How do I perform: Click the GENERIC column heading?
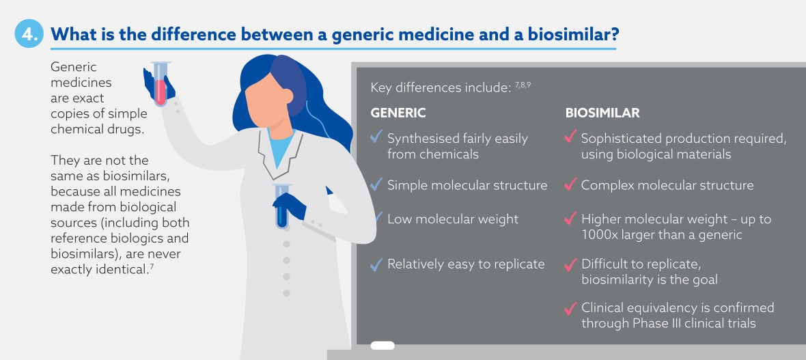pyautogui.click(x=398, y=113)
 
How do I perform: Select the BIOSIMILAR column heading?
pyautogui.click(x=602, y=113)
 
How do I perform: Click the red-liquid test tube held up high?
pyautogui.click(x=161, y=84)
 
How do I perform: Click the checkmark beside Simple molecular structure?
pyautogui.click(x=377, y=184)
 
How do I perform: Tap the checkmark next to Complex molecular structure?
pyautogui.click(x=570, y=184)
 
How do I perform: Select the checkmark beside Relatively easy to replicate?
pyautogui.click(x=377, y=264)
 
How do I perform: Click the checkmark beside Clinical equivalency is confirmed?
pyautogui.click(x=570, y=308)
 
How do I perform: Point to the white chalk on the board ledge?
pyautogui.click(x=383, y=346)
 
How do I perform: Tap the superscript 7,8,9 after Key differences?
pyautogui.click(x=523, y=85)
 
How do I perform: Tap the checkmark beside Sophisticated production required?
pyautogui.click(x=570, y=137)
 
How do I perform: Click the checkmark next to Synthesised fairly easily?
pyautogui.click(x=377, y=137)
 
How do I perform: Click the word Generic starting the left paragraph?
pyautogui.click(x=74, y=68)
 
